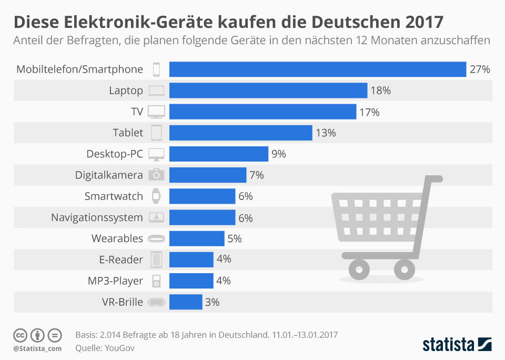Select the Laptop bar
(268, 91)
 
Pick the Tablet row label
(128, 133)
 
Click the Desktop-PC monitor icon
(156, 154)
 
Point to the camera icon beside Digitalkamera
(156, 175)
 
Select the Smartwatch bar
(202, 196)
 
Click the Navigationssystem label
(97, 217)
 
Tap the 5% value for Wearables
(235, 238)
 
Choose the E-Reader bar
(191, 259)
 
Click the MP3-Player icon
(156, 281)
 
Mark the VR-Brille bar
(186, 302)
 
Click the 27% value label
(480, 69)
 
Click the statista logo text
(447, 345)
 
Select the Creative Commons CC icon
(21, 335)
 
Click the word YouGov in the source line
(117, 347)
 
